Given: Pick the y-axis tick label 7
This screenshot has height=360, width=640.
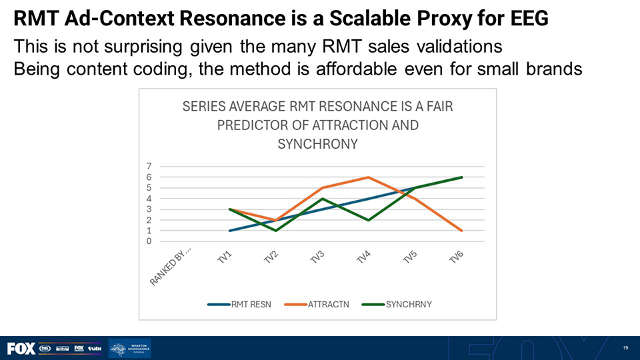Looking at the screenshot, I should coord(150,166).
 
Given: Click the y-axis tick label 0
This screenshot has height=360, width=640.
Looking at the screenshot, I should coord(150,241).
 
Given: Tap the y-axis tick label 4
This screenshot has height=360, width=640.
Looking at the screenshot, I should coord(150,199).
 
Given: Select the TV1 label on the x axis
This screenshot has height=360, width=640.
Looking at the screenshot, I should coord(225,258).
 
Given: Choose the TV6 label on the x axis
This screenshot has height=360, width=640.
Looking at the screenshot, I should coord(456,258).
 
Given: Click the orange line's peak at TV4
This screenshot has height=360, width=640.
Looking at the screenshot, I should coord(369,177).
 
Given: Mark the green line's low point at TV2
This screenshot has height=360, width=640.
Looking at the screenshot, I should coord(276,231).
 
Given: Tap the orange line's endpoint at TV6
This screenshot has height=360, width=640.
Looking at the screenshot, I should coord(462,231).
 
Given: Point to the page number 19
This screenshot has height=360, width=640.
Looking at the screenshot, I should coord(625,348).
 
